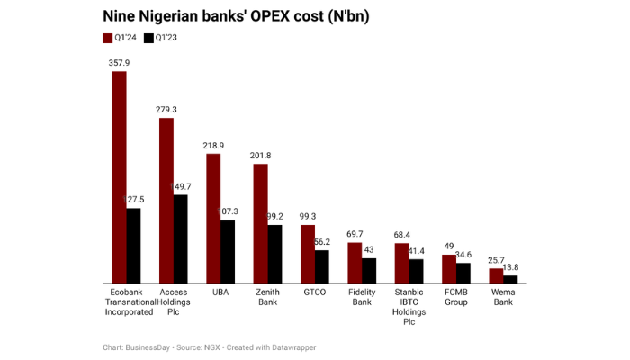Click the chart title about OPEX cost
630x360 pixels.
[237, 16]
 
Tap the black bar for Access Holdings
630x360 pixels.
[180, 238]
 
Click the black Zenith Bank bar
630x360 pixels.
[274, 255]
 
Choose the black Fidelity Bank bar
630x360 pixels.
[368, 271]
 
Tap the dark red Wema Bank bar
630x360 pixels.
[495, 275]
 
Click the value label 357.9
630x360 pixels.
[119, 63]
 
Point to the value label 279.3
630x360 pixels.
[166, 110]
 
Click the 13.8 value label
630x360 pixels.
[511, 267]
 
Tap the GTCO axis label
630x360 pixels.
[315, 292]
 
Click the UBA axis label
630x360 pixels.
[220, 292]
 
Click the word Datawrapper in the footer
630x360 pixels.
[293, 347]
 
